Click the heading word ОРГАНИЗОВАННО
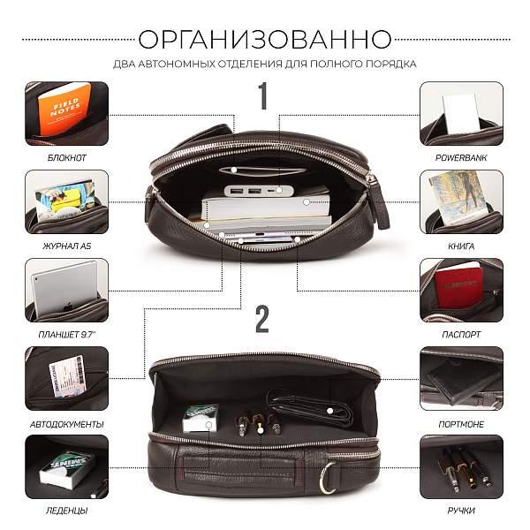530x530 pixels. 265,39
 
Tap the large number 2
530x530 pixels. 261,320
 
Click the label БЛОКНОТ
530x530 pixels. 67,158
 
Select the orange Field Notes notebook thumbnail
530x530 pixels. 67,113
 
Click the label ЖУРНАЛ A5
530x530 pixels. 67,246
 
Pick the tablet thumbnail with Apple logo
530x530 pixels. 67,290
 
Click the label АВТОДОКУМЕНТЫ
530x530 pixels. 67,424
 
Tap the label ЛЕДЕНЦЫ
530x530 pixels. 67,511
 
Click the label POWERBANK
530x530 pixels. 461,158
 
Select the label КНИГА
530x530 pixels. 461,246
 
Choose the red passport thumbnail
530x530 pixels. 461,290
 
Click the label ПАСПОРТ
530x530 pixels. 461,336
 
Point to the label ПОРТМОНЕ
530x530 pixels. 461,424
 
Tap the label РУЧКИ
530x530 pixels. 461,511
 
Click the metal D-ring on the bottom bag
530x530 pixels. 328,481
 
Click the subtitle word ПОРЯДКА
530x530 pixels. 391,64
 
